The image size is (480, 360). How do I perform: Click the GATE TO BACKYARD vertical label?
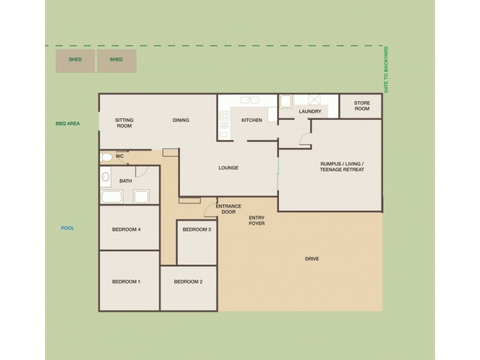pos(386,70)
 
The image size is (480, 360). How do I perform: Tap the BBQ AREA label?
pos(68,124)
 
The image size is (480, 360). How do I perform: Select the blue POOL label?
pos(68,228)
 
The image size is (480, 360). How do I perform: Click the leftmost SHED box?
pos(75,61)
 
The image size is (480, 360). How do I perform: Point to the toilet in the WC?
pos(107,157)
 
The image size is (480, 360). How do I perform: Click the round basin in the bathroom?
pos(106,178)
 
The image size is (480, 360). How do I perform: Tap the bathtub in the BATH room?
pos(112,197)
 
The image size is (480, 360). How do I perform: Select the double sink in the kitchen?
pos(250,100)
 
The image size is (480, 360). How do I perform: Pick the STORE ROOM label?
pos(362,106)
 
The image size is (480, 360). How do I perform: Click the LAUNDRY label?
pos(310,112)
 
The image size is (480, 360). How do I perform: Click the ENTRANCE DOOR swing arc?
pos(211,209)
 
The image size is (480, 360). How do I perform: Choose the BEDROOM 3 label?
pos(197,230)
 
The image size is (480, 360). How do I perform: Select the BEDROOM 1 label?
pos(126,281)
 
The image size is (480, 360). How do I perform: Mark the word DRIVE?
pos(311,259)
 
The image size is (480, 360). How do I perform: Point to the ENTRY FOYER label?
pos(257,220)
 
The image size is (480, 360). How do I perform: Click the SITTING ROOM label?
pos(124,123)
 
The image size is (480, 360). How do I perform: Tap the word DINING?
pos(181,120)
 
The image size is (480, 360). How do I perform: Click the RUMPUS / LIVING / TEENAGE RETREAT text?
pos(342,166)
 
